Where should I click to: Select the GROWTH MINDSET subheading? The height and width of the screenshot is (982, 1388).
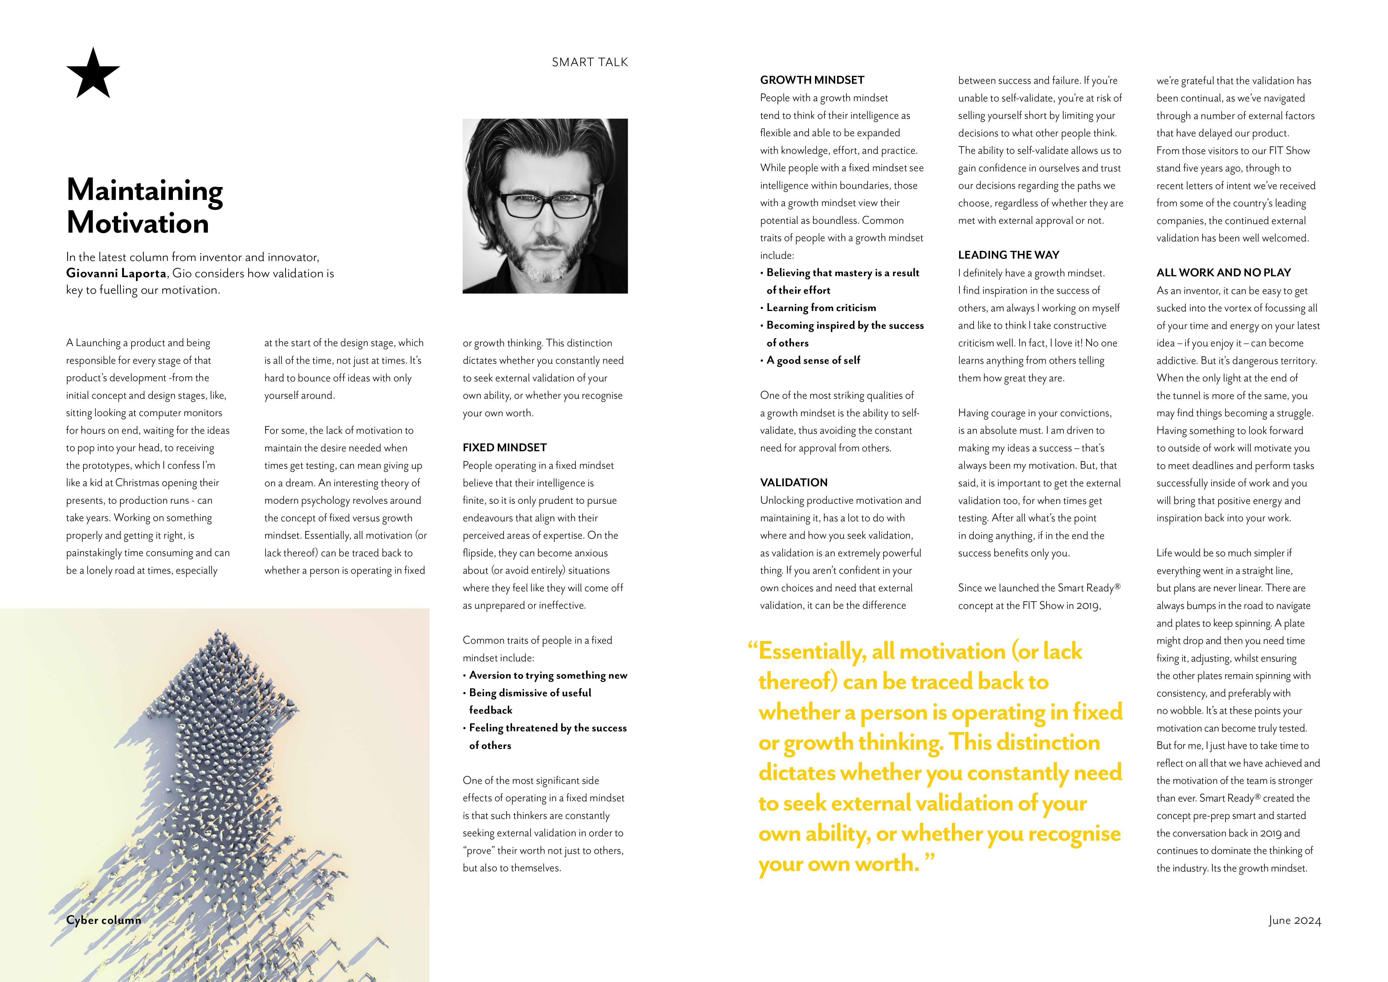click(x=812, y=80)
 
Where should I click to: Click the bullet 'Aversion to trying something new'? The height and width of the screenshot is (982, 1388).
click(x=548, y=675)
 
